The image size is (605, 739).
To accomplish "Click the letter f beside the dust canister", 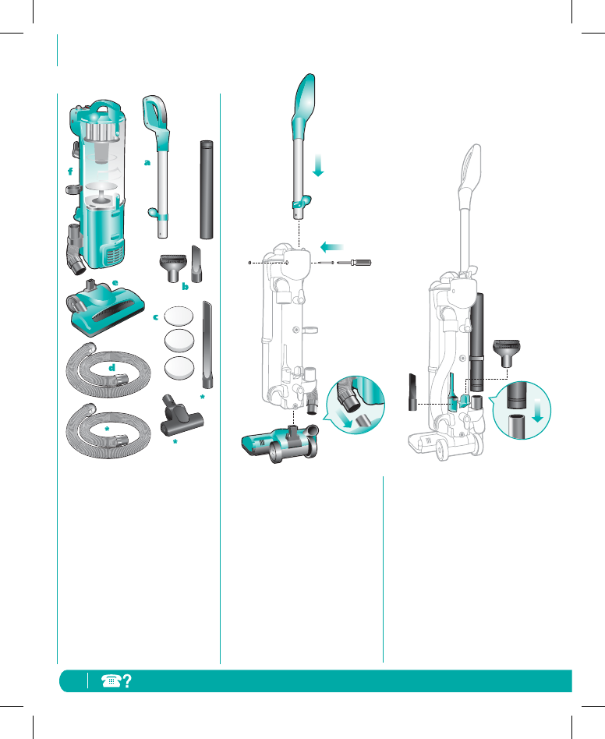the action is pos(70,171).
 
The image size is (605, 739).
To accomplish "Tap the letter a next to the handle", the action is pos(147,163).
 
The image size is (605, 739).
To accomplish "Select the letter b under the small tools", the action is pos(186,286).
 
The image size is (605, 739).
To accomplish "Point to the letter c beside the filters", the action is pos(155,317).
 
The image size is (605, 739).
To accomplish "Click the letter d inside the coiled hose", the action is pos(112,367).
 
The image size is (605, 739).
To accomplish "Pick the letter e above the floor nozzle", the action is pos(115,283).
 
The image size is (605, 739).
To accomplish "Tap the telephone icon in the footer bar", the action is pos(111,681).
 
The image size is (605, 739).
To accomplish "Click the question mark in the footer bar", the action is pos(127,681).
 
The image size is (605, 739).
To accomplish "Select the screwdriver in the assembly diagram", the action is pos(354,263).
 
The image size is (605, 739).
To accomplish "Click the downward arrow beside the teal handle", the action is pos(318,165).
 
